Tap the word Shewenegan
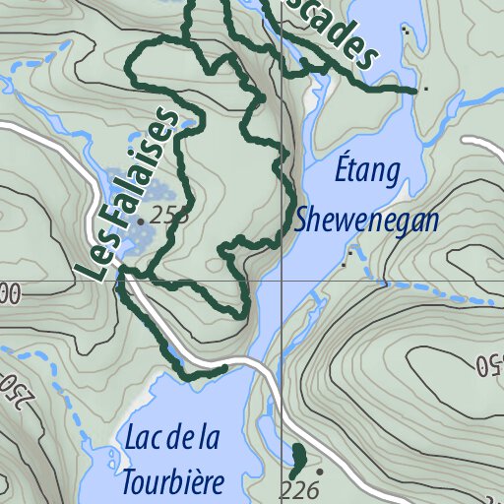(x=366, y=220)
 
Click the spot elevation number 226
(x=299, y=489)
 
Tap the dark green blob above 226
(x=297, y=459)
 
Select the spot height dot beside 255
(x=141, y=222)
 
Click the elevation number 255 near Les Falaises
(x=169, y=218)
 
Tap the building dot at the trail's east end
(x=425, y=90)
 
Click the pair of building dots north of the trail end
(x=406, y=31)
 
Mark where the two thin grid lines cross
(x=283, y=280)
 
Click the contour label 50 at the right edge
(x=488, y=364)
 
